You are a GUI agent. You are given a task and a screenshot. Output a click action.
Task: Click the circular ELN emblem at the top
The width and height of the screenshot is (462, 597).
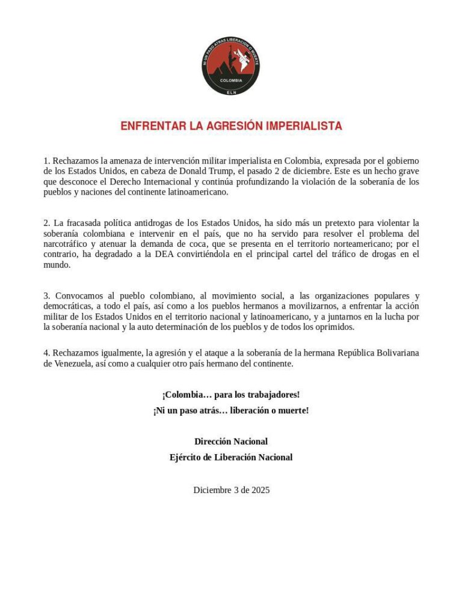pos(231,65)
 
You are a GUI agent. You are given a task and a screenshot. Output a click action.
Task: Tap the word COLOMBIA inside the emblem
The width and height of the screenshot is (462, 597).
pos(231,80)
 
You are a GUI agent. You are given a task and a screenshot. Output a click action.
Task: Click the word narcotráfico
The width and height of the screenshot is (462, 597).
pos(66,244)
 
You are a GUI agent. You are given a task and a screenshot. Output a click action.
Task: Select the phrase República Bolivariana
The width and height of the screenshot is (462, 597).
pos(366,353)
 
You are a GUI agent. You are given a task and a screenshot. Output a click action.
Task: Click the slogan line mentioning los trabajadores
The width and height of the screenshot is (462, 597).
pos(231,395)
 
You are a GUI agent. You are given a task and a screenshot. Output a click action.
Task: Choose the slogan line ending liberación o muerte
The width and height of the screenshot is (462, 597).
pos(231,410)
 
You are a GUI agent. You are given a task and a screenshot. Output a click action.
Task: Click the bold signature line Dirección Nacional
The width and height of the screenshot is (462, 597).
pos(231,441)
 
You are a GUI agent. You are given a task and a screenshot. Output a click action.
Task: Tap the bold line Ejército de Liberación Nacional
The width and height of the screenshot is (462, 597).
pos(231,457)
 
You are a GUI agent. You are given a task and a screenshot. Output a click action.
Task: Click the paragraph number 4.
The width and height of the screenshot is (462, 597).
pos(46,353)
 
